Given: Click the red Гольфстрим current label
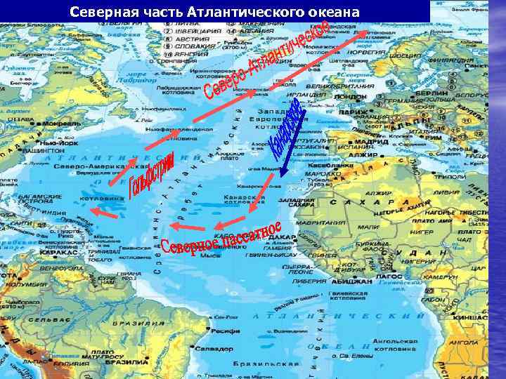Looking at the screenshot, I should pos(141,180).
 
